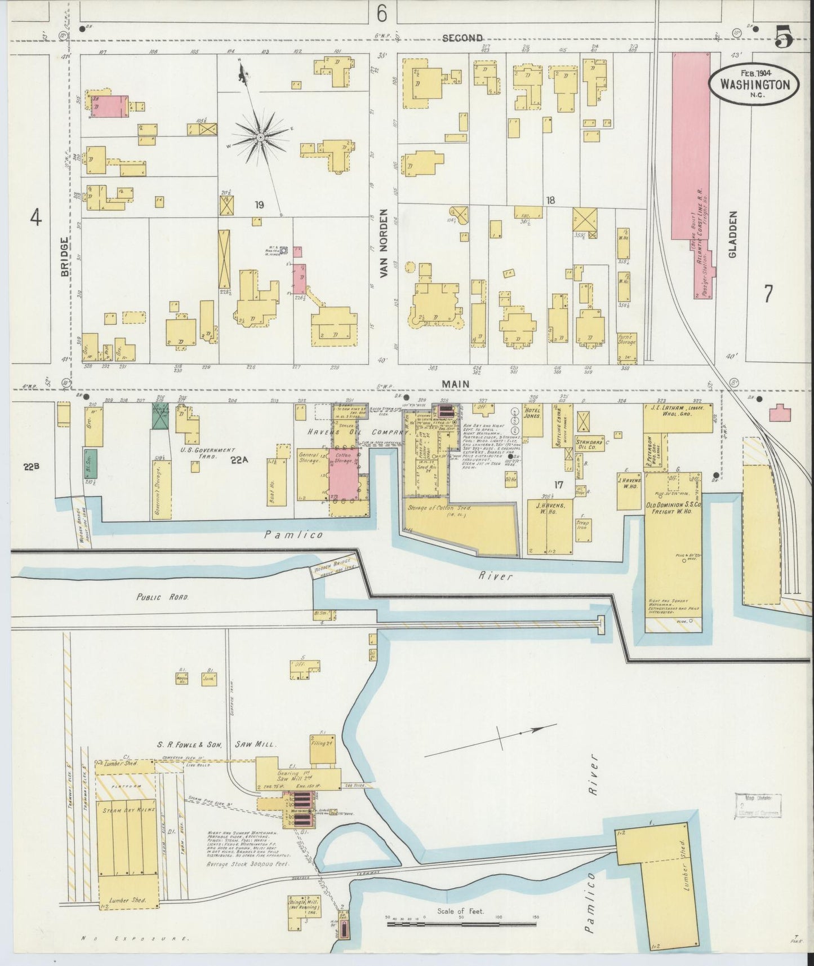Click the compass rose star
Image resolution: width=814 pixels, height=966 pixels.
point(260,137)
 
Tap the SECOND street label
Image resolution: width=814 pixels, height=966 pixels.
point(462,38)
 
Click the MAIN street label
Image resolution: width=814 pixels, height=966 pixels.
point(456,384)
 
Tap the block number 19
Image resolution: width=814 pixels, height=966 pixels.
point(259,205)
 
